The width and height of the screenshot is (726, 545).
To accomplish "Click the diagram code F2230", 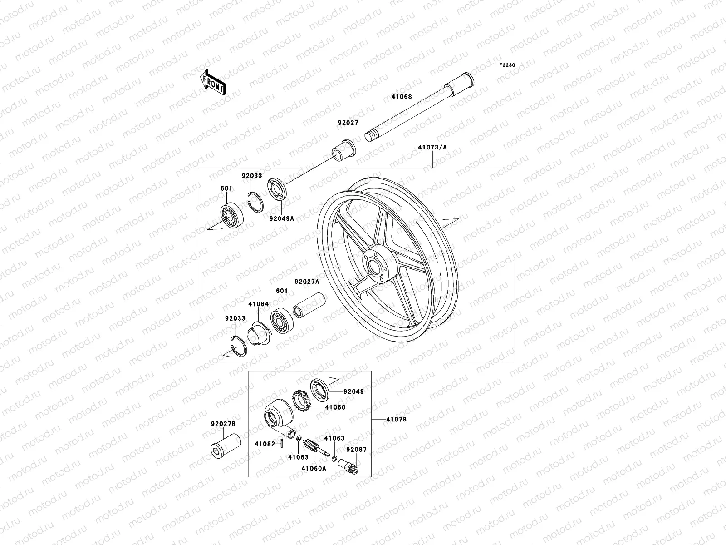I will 507,65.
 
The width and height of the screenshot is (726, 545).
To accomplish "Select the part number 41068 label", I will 401,96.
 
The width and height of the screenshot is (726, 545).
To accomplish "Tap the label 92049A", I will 281,218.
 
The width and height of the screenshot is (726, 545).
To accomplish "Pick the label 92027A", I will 307,282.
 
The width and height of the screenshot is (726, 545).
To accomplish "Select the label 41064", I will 258,304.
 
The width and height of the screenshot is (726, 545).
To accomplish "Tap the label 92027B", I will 223,424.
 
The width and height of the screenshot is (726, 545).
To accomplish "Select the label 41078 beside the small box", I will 396,419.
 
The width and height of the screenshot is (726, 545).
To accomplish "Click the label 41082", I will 265,444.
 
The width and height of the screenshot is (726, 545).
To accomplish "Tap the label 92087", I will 356,450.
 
